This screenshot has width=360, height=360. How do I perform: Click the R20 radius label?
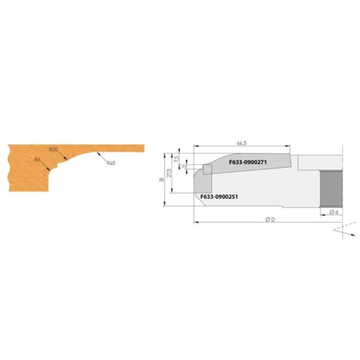click(54, 149)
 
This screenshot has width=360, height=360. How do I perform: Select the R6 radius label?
click(37, 160)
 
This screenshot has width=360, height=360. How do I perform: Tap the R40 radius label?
click(111, 163)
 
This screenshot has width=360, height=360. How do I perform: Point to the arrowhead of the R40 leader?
click(97, 153)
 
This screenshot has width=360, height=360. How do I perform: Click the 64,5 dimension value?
click(242, 143)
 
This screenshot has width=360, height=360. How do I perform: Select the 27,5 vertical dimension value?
click(169, 173)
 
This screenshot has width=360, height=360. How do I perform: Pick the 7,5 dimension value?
click(176, 159)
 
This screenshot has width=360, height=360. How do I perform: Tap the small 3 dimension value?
click(184, 166)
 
